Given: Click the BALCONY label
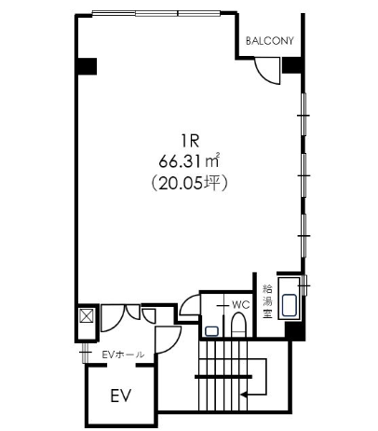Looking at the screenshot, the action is (269, 41).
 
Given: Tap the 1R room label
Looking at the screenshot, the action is (190, 142).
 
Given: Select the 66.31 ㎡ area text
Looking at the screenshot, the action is (190, 160).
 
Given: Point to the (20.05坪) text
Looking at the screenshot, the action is (190, 183).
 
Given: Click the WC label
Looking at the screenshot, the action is (241, 305).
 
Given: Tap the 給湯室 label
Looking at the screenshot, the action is (267, 301).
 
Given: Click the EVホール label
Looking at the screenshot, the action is (123, 355).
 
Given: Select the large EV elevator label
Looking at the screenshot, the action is (121, 396).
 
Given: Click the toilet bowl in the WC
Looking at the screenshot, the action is (238, 325).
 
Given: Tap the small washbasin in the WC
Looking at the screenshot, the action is (211, 331).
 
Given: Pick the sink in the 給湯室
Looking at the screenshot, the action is (290, 305).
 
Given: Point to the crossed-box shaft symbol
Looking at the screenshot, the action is (87, 315).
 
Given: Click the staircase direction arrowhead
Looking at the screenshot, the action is (244, 395).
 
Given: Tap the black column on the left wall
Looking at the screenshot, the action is (87, 66).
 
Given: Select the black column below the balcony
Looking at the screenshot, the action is (291, 65).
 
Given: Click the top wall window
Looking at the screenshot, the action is (156, 13).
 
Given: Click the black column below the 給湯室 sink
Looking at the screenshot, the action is (295, 330).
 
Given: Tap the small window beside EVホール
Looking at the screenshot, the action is (85, 353).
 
